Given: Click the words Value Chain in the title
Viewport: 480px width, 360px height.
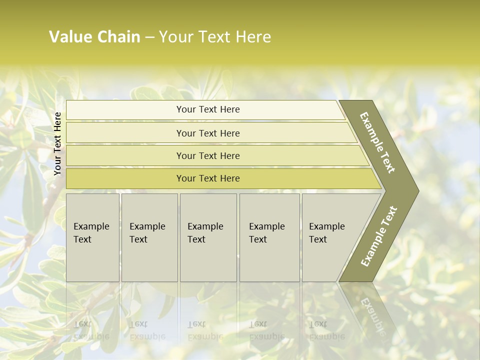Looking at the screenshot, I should click(x=94, y=37).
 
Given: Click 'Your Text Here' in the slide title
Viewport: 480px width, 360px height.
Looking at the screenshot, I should click(x=215, y=37).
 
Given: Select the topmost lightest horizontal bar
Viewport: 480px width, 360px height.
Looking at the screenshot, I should click(x=207, y=109).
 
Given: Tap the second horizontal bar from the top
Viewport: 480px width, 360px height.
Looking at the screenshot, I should click(x=207, y=133).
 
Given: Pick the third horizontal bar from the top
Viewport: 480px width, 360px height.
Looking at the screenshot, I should click(x=207, y=155).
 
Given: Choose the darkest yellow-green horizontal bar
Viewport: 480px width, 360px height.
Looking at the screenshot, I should click(x=207, y=178).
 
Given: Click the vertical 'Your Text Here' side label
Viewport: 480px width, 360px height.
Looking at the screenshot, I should click(x=57, y=143).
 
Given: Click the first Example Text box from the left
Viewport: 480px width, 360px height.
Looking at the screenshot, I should click(x=92, y=237).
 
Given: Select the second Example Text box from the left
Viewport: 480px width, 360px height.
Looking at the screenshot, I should click(x=149, y=237).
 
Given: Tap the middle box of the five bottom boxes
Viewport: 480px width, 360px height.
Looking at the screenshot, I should click(x=208, y=237).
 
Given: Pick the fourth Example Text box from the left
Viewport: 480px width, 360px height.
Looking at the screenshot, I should click(x=269, y=237).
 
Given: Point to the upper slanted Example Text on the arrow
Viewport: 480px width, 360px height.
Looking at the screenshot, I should click(x=377, y=142).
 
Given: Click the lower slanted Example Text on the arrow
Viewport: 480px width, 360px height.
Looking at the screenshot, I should click(x=379, y=236).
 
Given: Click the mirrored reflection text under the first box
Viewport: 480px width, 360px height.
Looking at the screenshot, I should click(x=90, y=330).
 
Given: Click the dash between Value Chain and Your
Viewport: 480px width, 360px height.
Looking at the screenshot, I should click(x=149, y=37).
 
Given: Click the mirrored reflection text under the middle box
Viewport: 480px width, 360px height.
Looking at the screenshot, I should click(x=205, y=330).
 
